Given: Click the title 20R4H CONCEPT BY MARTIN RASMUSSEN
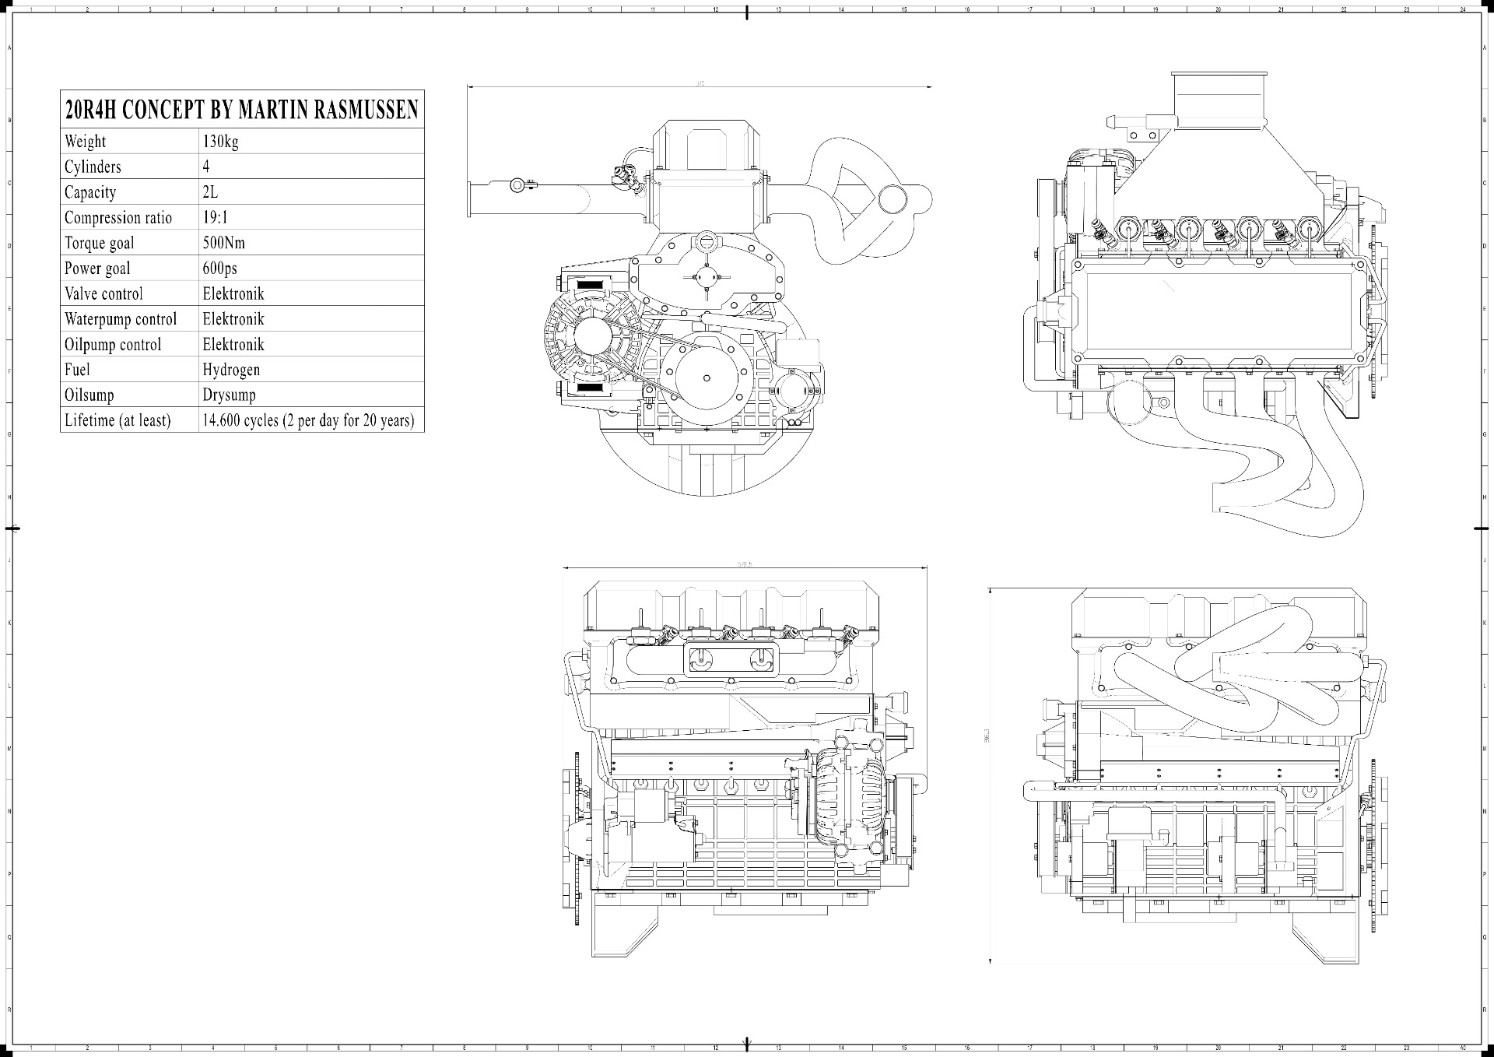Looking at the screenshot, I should (241, 110).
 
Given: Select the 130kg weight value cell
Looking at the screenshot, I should (220, 142).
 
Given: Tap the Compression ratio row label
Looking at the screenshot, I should (117, 218).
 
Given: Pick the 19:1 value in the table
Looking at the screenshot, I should (215, 218).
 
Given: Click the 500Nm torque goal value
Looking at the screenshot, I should (223, 243).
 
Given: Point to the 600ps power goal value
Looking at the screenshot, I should (219, 269).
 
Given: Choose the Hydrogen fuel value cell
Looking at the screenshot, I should (231, 370).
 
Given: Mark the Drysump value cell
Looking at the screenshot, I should (229, 395).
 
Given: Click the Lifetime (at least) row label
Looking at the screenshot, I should (117, 420).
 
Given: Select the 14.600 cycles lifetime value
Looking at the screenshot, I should (308, 420).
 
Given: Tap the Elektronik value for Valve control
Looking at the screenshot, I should (233, 293).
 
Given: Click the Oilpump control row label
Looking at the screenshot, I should (112, 344).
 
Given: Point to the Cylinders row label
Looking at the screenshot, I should (93, 167).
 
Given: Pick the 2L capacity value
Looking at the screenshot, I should (209, 192).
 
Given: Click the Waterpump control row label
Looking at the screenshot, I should (120, 319).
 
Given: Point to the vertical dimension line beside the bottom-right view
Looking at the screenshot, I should (991, 774).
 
